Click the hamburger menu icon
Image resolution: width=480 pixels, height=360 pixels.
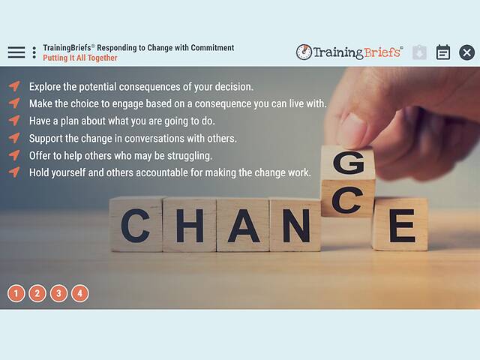pos(16,52)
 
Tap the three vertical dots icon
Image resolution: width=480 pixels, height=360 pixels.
pos(34,52)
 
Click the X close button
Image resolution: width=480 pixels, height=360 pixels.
pos(466,52)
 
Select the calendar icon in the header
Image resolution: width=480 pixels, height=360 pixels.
pos(443,52)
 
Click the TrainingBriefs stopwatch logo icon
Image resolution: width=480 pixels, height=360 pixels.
pos(304,52)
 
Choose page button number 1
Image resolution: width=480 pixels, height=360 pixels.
pos(16,293)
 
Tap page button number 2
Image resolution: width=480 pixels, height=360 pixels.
pos(37,293)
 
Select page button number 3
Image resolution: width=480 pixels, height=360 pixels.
pos(58,293)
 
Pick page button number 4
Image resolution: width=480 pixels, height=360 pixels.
pos(79,293)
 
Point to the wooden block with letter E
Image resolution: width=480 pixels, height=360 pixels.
pos(400,224)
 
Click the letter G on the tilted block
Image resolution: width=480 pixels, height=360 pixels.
pos(349,163)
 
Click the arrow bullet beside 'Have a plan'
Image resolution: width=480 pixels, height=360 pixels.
pos(14,121)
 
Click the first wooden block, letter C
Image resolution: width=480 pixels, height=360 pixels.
pos(136,225)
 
